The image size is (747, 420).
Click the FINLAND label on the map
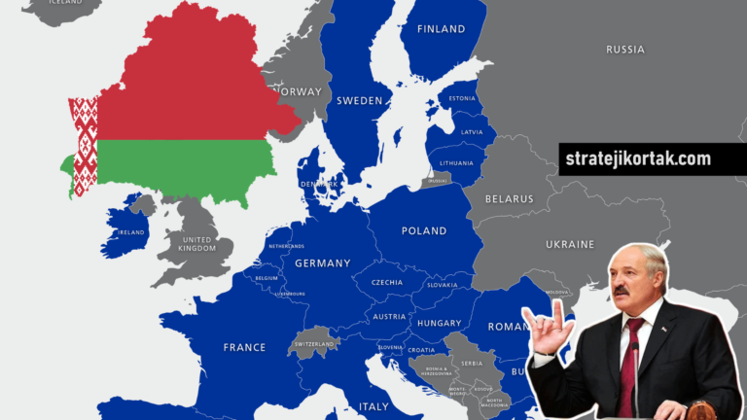pyautogui.click(x=441, y=29)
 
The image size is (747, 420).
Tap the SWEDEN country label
pyautogui.click(x=359, y=100)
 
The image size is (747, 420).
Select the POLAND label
pyautogui.click(x=424, y=231)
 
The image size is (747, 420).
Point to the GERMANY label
pyautogui.click(x=322, y=263)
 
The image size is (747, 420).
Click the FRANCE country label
pyautogui.click(x=244, y=347)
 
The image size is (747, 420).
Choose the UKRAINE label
pyautogui.click(x=570, y=244)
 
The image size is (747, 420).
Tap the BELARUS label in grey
pyautogui.click(x=510, y=199)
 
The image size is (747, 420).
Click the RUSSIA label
pyautogui.click(x=624, y=50)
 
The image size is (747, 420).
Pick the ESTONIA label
pyautogui.click(x=462, y=98)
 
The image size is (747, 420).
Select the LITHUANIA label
pyautogui.click(x=456, y=162)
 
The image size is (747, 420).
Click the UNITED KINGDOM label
pyautogui.click(x=196, y=243)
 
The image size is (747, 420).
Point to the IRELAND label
pyautogui.click(x=131, y=233)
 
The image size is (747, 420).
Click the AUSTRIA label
pyautogui.click(x=389, y=317)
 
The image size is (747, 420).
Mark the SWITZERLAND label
pyautogui.click(x=314, y=344)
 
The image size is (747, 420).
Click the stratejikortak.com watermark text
pyautogui.click(x=638, y=158)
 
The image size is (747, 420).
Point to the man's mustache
pyautogui.click(x=622, y=290)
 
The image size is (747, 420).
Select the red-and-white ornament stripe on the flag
pyautogui.click(x=85, y=146)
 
